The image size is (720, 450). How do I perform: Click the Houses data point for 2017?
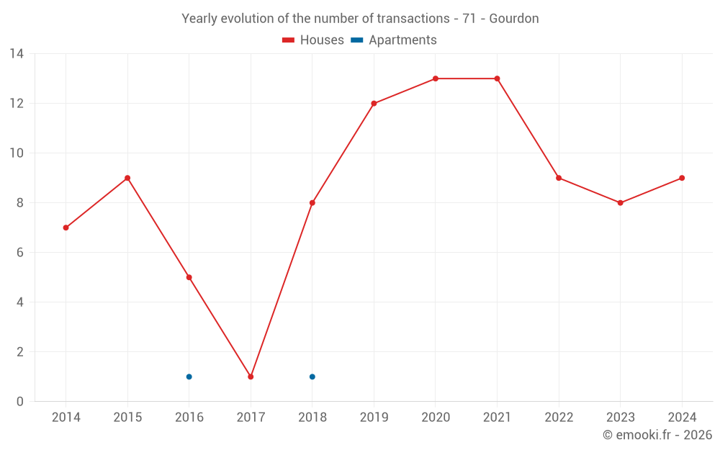click(x=251, y=377)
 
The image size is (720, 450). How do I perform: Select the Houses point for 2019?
click(x=374, y=104)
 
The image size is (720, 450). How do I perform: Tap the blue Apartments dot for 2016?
click(x=189, y=377)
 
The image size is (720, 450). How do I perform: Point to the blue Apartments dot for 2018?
click(x=312, y=377)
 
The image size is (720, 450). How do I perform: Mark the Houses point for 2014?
click(x=66, y=228)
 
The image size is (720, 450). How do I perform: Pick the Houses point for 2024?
click(x=682, y=178)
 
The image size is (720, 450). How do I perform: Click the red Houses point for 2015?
click(x=127, y=178)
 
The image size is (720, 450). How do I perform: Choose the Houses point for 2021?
click(x=497, y=78)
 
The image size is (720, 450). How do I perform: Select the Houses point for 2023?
click(x=620, y=203)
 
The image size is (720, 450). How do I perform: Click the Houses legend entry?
click(x=313, y=40)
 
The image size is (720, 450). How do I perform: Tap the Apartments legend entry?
click(x=394, y=40)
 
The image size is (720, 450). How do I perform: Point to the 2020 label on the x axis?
click(x=436, y=418)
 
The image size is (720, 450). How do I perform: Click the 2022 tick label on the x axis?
click(x=559, y=418)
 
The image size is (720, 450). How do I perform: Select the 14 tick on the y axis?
click(x=17, y=54)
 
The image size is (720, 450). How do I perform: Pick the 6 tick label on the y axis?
click(x=20, y=253)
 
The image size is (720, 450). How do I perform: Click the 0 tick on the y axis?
click(x=20, y=402)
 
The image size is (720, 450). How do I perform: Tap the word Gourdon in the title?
click(x=514, y=19)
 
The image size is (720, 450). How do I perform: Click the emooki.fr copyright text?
click(x=657, y=435)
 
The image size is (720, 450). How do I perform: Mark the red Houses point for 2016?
click(x=189, y=277)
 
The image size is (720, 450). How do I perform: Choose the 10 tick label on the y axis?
click(x=17, y=153)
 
